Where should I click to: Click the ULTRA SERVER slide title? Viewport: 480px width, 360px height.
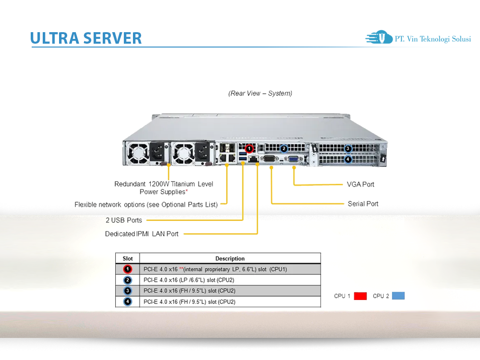coord(86,38)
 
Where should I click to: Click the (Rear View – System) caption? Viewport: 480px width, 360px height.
coord(260,93)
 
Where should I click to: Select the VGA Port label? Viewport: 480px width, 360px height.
coord(360,184)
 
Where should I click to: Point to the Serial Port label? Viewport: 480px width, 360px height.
coord(363,204)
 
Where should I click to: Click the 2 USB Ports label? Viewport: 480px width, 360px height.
coord(124,220)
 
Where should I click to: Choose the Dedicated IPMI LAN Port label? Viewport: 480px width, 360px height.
coord(142,234)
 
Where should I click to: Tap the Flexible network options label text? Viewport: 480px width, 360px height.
coord(146,204)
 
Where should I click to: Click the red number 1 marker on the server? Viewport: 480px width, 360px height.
coord(249,149)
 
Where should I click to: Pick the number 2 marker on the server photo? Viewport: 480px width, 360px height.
coord(284,149)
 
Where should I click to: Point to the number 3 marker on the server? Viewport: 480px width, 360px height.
coord(348,149)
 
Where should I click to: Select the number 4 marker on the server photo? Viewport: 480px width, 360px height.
coord(348,159)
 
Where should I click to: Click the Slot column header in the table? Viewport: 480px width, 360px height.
coord(128,258)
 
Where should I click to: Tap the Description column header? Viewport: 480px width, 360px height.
coord(230,258)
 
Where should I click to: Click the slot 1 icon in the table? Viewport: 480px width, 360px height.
coord(128,269)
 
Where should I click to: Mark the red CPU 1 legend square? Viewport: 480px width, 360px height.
coord(360,296)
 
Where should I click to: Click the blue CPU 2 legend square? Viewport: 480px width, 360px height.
coord(398,296)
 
